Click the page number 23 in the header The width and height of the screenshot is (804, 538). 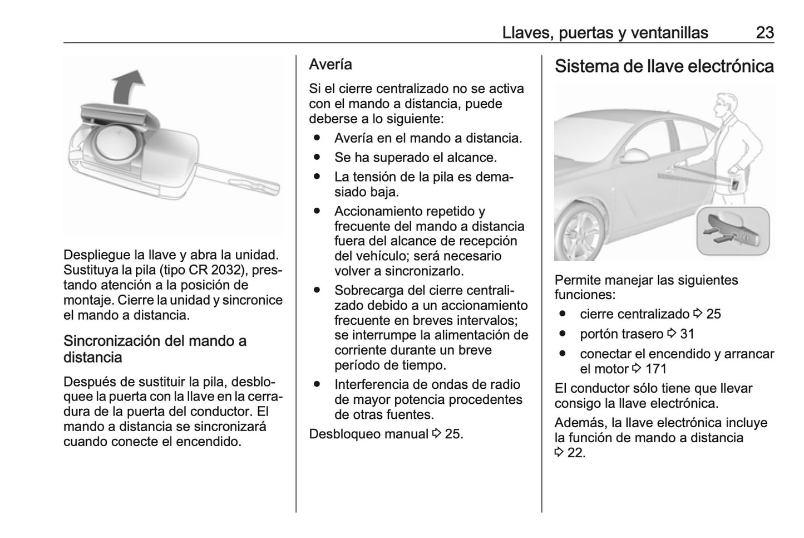[764, 32]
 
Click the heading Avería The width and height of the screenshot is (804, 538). [331, 65]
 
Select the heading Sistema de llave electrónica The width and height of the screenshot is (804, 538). [664, 66]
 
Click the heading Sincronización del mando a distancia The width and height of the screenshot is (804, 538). [155, 349]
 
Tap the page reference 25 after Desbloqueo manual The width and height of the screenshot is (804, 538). [453, 434]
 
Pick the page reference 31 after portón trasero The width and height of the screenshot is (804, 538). [687, 334]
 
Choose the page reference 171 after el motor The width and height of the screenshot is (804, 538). [655, 369]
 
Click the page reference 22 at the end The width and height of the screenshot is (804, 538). [576, 453]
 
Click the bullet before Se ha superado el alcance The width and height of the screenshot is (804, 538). [317, 158]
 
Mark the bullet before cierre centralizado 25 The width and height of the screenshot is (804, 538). [563, 314]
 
